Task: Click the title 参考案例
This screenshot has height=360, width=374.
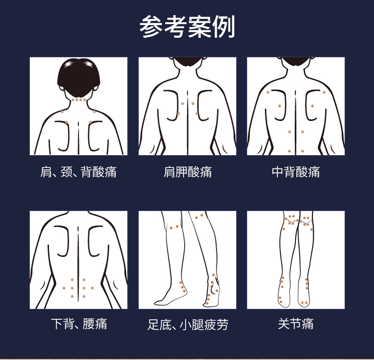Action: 187,26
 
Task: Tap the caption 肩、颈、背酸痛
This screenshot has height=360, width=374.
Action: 78,172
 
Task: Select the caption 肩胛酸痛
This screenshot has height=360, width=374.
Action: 187,172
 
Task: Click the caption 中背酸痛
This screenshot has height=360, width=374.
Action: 296,172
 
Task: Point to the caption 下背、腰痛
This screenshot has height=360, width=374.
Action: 79,324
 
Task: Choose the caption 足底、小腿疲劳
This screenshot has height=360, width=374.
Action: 188,324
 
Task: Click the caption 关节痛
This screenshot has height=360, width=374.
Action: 296,324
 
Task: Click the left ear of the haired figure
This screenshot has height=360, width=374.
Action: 62,88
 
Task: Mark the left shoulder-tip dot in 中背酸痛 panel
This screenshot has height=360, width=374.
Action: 268,93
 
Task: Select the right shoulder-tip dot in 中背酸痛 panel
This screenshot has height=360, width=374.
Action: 324,93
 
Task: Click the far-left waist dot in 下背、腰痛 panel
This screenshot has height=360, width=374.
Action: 64,288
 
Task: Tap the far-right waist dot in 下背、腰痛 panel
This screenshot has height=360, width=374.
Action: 92,288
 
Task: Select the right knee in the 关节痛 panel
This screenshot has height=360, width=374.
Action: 306,220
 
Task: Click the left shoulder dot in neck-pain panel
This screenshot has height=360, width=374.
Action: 62,112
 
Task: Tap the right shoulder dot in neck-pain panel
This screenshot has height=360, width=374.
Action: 94,112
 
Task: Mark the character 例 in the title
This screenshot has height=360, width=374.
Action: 224,26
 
